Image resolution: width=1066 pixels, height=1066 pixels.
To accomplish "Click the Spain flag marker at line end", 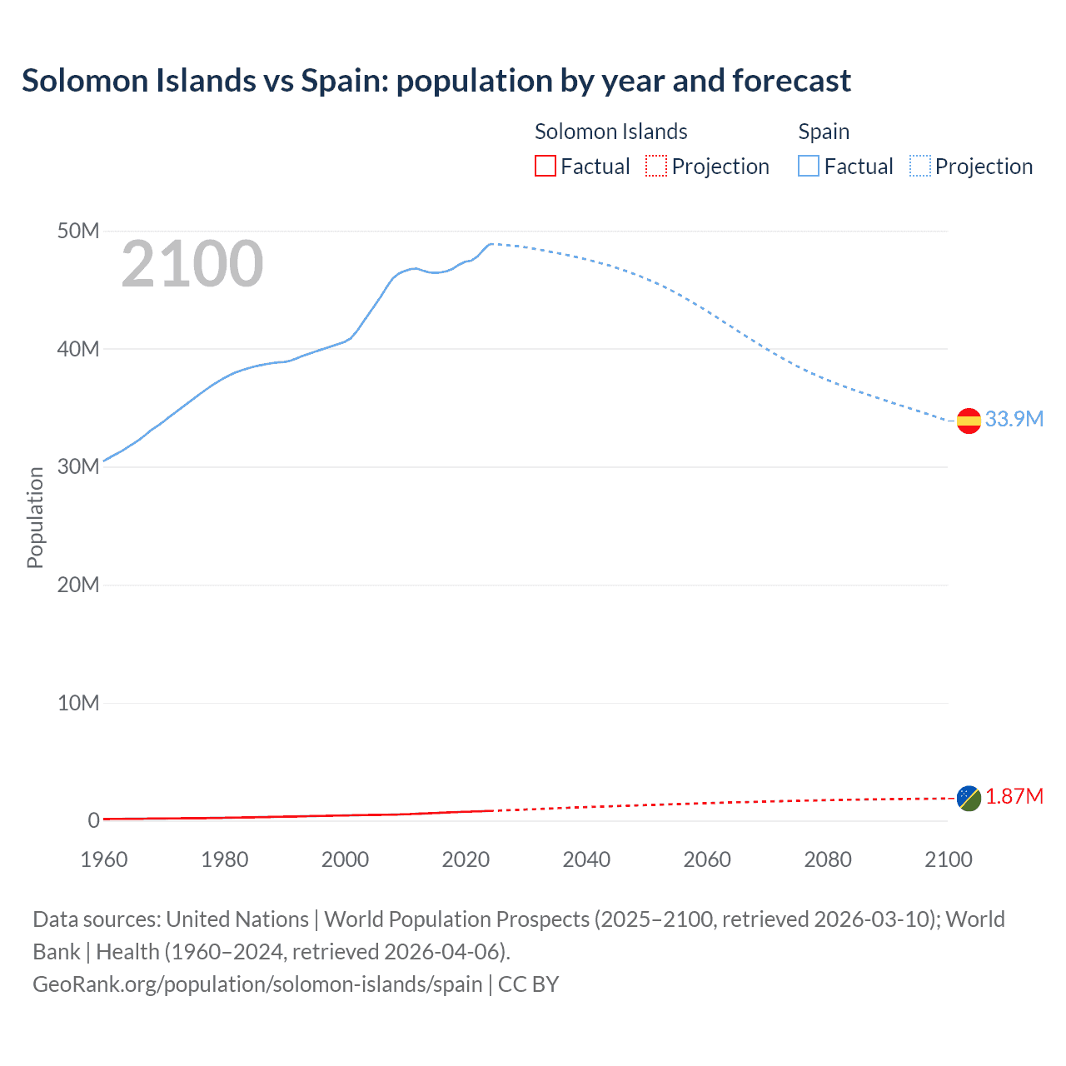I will click(969, 421).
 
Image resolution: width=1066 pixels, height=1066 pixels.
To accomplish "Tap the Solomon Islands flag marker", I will click(969, 798).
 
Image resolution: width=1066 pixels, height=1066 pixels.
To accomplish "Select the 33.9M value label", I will click(1014, 419).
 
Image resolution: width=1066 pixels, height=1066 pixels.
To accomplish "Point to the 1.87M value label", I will click(1014, 797).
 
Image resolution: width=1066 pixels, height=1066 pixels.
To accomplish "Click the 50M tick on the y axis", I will click(78, 231).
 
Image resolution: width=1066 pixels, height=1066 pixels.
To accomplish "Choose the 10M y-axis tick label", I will click(78, 703).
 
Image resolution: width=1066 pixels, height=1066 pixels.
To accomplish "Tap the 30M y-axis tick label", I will click(78, 466).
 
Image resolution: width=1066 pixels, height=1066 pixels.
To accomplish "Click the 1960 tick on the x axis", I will click(104, 859).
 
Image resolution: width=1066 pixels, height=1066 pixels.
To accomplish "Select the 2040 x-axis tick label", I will click(586, 859).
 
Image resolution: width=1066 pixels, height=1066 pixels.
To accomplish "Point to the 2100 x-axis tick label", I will click(948, 859).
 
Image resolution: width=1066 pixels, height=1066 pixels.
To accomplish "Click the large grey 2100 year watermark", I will click(192, 265).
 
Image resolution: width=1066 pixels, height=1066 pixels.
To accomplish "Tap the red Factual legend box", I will click(545, 167).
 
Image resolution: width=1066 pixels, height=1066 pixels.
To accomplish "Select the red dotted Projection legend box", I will click(656, 167).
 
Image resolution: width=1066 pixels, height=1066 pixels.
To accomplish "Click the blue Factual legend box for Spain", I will click(809, 167).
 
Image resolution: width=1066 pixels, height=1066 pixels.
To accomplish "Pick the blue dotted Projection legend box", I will click(920, 167).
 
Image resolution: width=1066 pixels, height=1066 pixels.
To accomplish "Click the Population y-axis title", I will click(35, 517).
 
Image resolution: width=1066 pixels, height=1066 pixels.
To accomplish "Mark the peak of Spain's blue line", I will click(491, 244).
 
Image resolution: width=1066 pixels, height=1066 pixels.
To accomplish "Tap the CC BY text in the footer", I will click(528, 984).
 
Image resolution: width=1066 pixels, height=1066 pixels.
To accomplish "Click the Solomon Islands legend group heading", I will click(610, 132).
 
